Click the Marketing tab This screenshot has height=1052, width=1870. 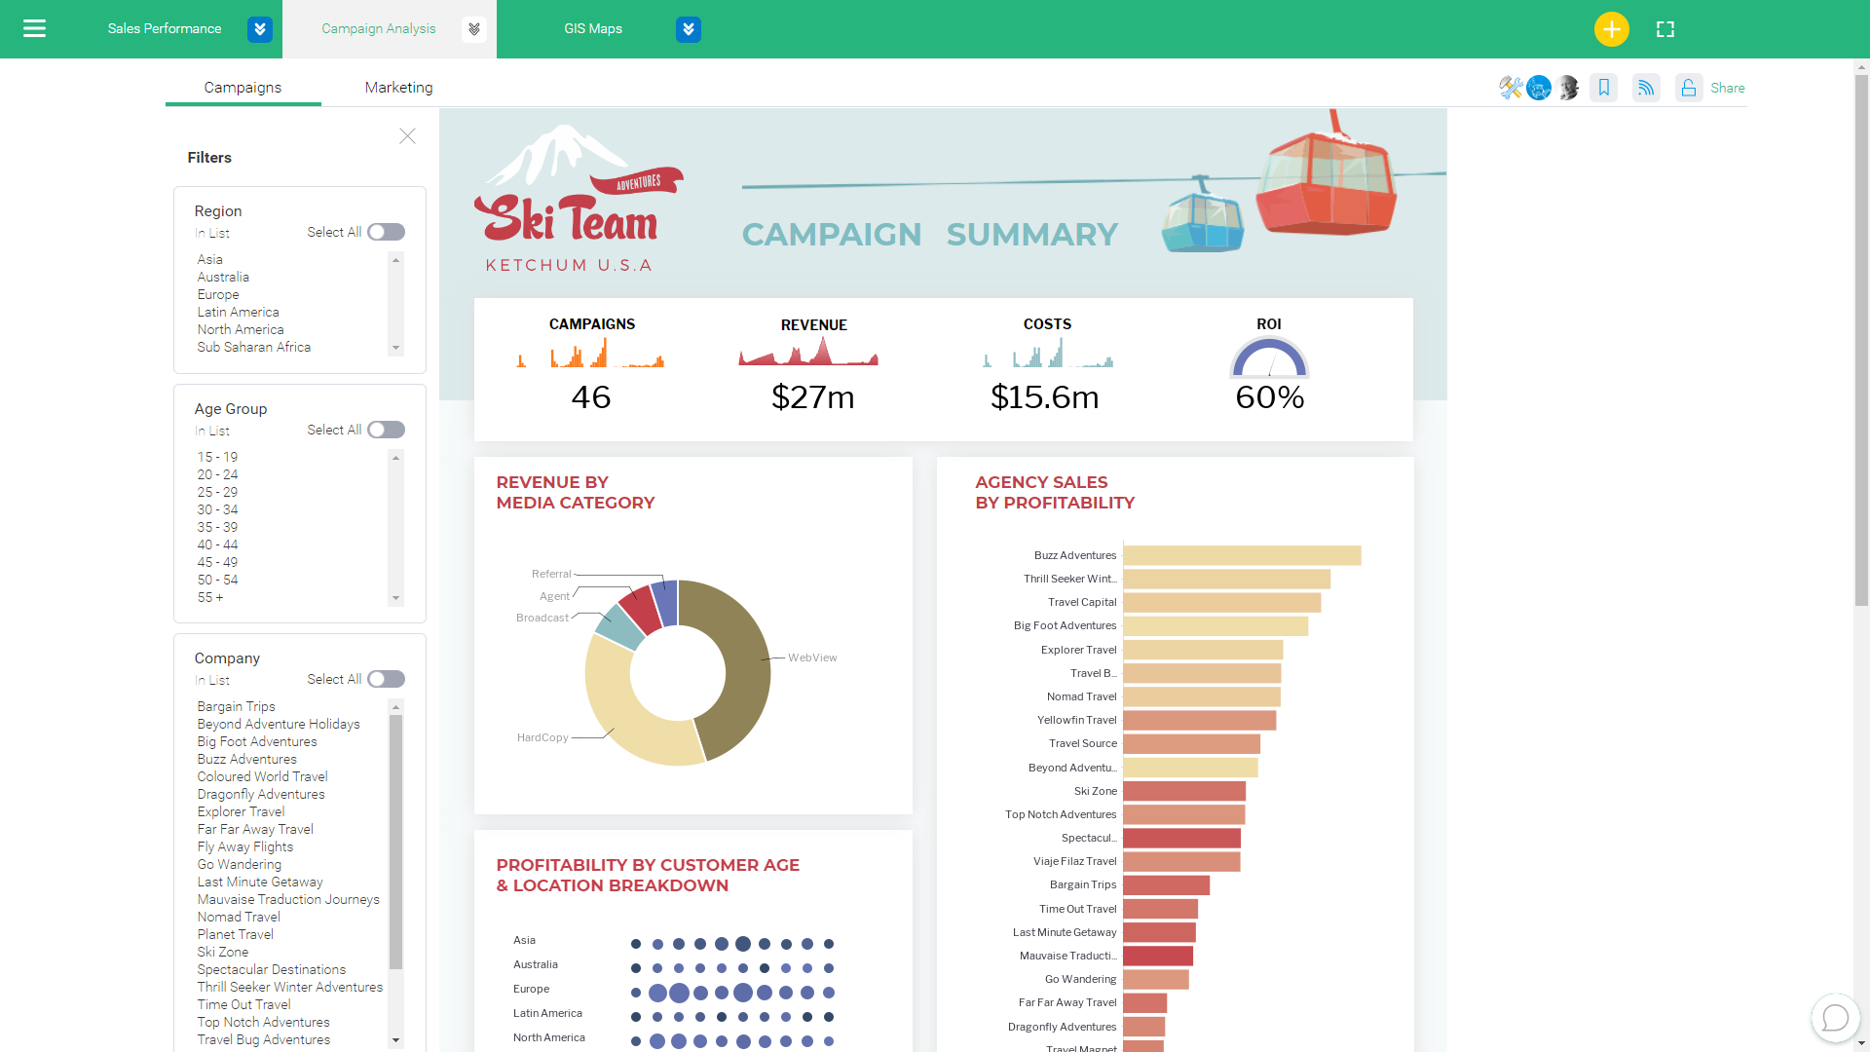[x=398, y=88]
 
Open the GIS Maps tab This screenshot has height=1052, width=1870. [x=593, y=29]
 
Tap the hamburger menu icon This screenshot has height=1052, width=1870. [x=34, y=29]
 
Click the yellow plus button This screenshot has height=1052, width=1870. [x=1611, y=29]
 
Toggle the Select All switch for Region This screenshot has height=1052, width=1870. [x=386, y=232]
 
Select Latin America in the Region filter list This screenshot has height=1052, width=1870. [x=238, y=312]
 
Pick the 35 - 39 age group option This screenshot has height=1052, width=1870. [x=217, y=527]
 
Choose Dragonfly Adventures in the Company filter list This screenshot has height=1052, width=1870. [x=261, y=794]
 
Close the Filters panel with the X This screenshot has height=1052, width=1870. [x=407, y=136]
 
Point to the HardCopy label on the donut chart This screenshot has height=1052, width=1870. [x=542, y=737]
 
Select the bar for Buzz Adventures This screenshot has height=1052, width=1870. [x=1242, y=555]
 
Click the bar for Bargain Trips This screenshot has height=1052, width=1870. [x=1166, y=884]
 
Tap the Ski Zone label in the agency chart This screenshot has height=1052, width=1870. [x=1096, y=791]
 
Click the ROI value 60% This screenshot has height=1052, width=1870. [x=1269, y=397]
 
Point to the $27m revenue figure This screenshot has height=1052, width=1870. [x=812, y=397]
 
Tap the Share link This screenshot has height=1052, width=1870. [x=1727, y=88]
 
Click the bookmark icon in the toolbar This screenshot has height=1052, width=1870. [x=1603, y=88]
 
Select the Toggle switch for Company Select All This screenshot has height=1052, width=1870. [x=386, y=679]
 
